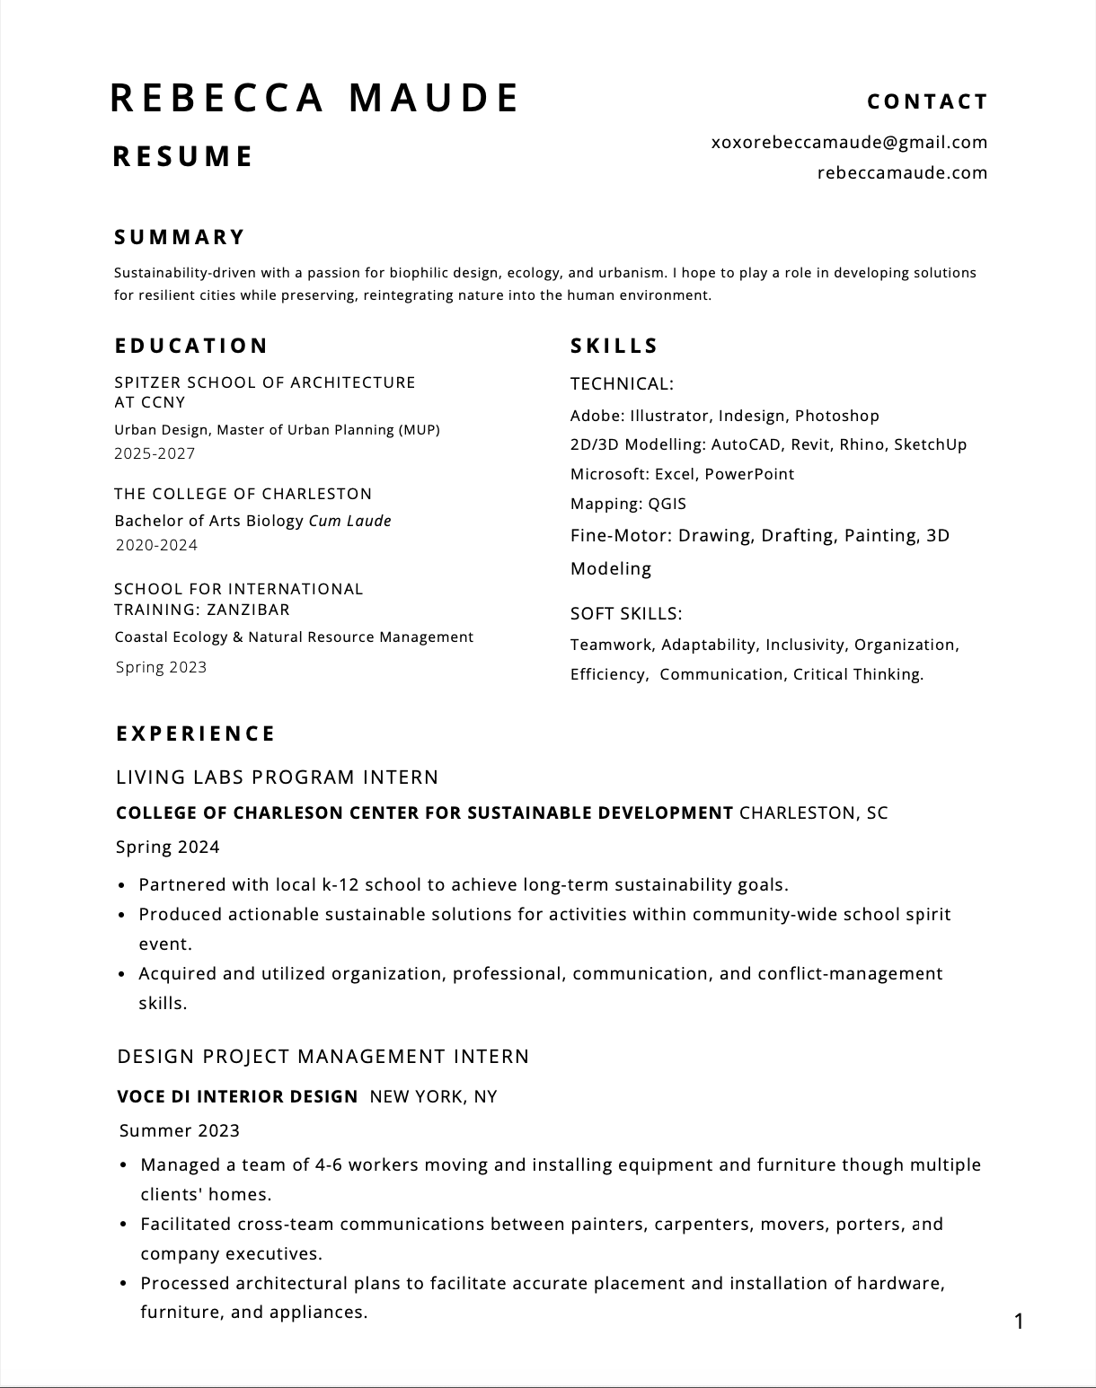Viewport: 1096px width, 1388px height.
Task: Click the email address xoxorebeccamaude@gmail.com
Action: point(849,142)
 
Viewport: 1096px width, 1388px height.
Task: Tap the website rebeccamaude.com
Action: point(902,172)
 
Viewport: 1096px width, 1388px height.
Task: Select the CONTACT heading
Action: point(927,102)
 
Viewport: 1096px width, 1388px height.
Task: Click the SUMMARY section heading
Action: point(180,237)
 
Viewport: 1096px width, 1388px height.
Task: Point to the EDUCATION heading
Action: point(191,346)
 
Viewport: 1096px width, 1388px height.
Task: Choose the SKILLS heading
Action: point(614,346)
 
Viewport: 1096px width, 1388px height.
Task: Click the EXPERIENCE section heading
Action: point(196,734)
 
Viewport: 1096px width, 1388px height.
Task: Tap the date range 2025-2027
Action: point(155,453)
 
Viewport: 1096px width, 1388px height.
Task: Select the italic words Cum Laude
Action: point(349,521)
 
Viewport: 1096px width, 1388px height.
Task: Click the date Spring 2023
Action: point(162,667)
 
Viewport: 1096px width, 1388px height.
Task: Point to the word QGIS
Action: point(667,504)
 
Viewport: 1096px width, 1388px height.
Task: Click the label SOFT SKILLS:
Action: point(626,613)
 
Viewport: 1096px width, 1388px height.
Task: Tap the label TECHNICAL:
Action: point(622,384)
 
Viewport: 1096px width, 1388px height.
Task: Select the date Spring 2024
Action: point(168,847)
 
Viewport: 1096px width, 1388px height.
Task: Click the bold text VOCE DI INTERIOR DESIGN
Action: point(237,1096)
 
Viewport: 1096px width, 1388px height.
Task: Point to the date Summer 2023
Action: point(180,1130)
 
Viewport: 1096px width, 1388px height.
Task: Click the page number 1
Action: point(1019,1321)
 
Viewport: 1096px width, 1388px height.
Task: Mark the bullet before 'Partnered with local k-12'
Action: point(121,885)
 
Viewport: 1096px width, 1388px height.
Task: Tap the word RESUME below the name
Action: point(183,156)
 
